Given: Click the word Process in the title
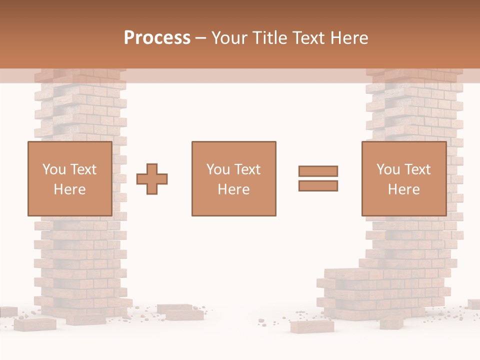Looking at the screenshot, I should [157, 38].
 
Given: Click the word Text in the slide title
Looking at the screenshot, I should [307, 38].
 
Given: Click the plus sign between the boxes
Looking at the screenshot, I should [152, 179].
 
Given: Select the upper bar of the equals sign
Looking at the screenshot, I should [318, 171].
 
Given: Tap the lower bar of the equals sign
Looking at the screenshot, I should [318, 186].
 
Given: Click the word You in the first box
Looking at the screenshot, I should [53, 169].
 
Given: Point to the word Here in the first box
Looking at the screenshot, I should [69, 189].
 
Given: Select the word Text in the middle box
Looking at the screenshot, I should [247, 169].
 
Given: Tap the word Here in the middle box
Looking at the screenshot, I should [233, 189].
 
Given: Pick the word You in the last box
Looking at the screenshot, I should [387, 169].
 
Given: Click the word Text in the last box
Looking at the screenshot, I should [417, 169].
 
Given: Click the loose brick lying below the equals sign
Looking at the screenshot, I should [312, 326].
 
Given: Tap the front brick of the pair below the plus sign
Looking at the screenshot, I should [185, 314].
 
